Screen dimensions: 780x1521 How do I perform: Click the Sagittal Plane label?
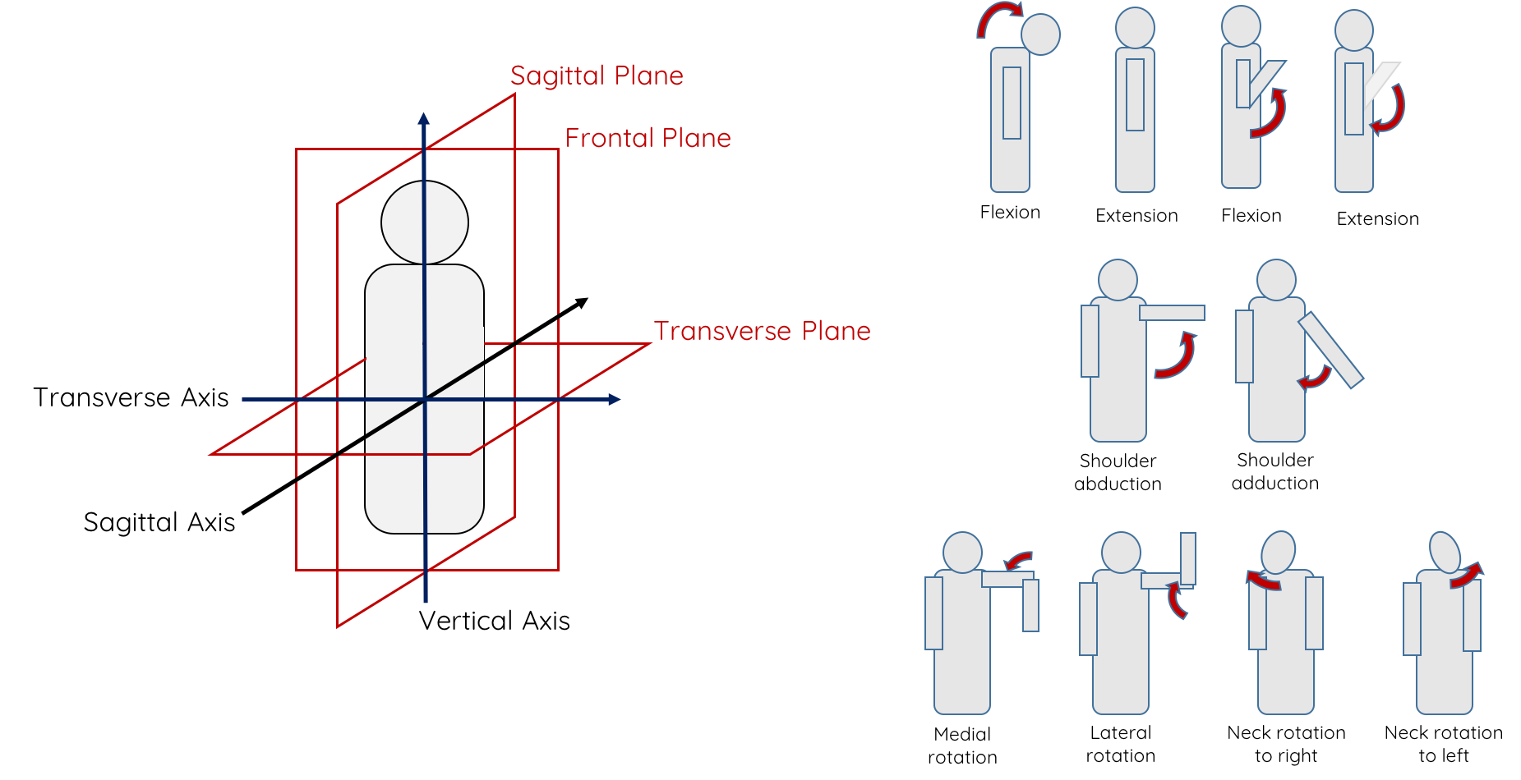(597, 76)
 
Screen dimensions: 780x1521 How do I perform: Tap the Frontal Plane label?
(648, 138)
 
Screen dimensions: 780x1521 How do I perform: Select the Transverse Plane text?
(762, 331)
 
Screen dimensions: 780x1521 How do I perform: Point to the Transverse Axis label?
(131, 397)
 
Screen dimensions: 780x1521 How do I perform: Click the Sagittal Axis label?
(159, 522)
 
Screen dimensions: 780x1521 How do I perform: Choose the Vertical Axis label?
(494, 621)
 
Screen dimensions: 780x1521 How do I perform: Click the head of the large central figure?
(425, 223)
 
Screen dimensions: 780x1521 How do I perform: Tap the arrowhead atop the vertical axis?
(423, 119)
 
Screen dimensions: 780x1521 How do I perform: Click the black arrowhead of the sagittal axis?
(581, 303)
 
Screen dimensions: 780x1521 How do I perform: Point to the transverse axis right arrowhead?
(614, 399)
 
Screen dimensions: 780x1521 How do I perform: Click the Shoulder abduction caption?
(1118, 472)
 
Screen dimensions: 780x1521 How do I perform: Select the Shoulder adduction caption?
(1274, 471)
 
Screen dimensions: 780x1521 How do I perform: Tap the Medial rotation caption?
(962, 746)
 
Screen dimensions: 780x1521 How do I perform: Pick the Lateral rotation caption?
(1120, 744)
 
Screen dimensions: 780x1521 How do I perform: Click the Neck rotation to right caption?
(1286, 744)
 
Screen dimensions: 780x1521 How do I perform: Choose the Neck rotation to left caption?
(1443, 744)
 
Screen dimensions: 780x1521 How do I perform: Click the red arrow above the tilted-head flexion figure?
(998, 17)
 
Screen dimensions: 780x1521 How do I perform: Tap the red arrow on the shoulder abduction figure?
(1178, 358)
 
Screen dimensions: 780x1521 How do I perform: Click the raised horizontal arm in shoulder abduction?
(1172, 313)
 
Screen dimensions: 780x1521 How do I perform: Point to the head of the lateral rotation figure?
(1121, 553)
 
